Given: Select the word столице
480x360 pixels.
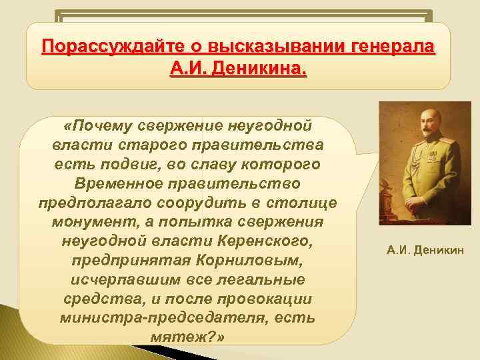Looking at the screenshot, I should coord(309,203).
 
